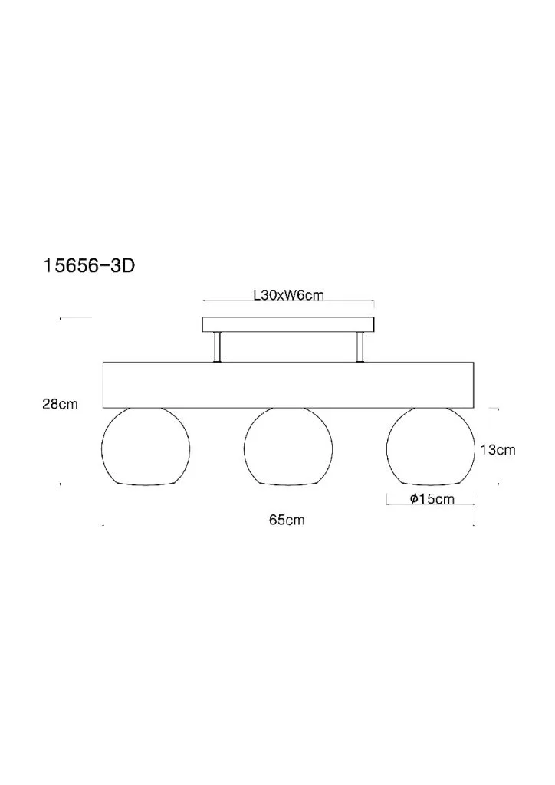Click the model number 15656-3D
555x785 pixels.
click(x=89, y=266)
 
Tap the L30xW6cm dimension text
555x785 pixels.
click(x=289, y=295)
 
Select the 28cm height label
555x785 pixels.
click(x=60, y=404)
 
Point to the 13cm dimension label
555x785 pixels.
click(x=498, y=449)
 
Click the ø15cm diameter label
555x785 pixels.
click(x=432, y=498)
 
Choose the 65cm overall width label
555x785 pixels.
click(x=287, y=520)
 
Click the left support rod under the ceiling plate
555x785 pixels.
click(x=217, y=347)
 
